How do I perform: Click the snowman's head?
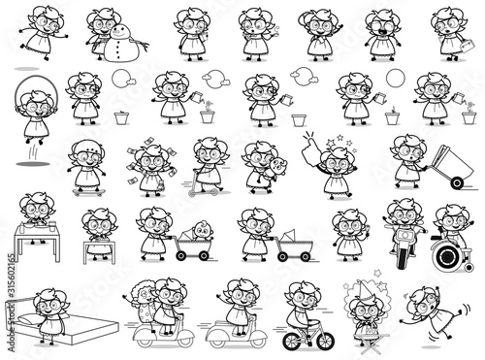click(x=120, y=32)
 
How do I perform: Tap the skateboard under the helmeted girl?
click(x=89, y=192)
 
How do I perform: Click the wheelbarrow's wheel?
click(x=457, y=183)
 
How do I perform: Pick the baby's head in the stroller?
click(x=203, y=229)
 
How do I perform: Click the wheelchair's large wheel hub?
click(x=448, y=256)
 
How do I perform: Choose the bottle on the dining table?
click(x=21, y=227)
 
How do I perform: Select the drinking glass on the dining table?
click(x=51, y=226)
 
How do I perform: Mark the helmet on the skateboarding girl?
click(x=86, y=147)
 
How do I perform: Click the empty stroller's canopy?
click(x=289, y=236)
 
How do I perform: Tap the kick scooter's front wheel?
click(x=193, y=193)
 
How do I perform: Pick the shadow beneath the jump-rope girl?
click(x=33, y=164)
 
